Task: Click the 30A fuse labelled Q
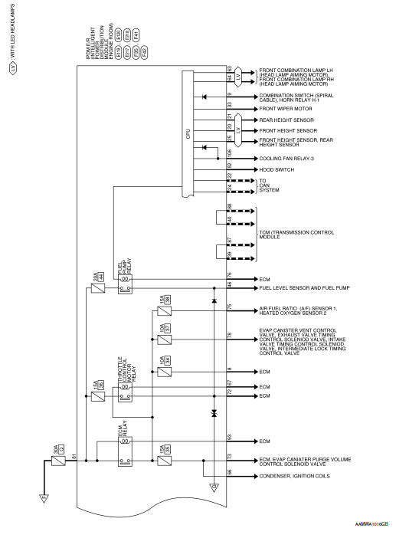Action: click(56, 463)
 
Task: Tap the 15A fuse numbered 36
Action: click(97, 396)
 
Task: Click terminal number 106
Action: click(230, 152)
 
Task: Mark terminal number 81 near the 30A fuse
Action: click(74, 457)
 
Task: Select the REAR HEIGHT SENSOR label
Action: click(287, 120)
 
